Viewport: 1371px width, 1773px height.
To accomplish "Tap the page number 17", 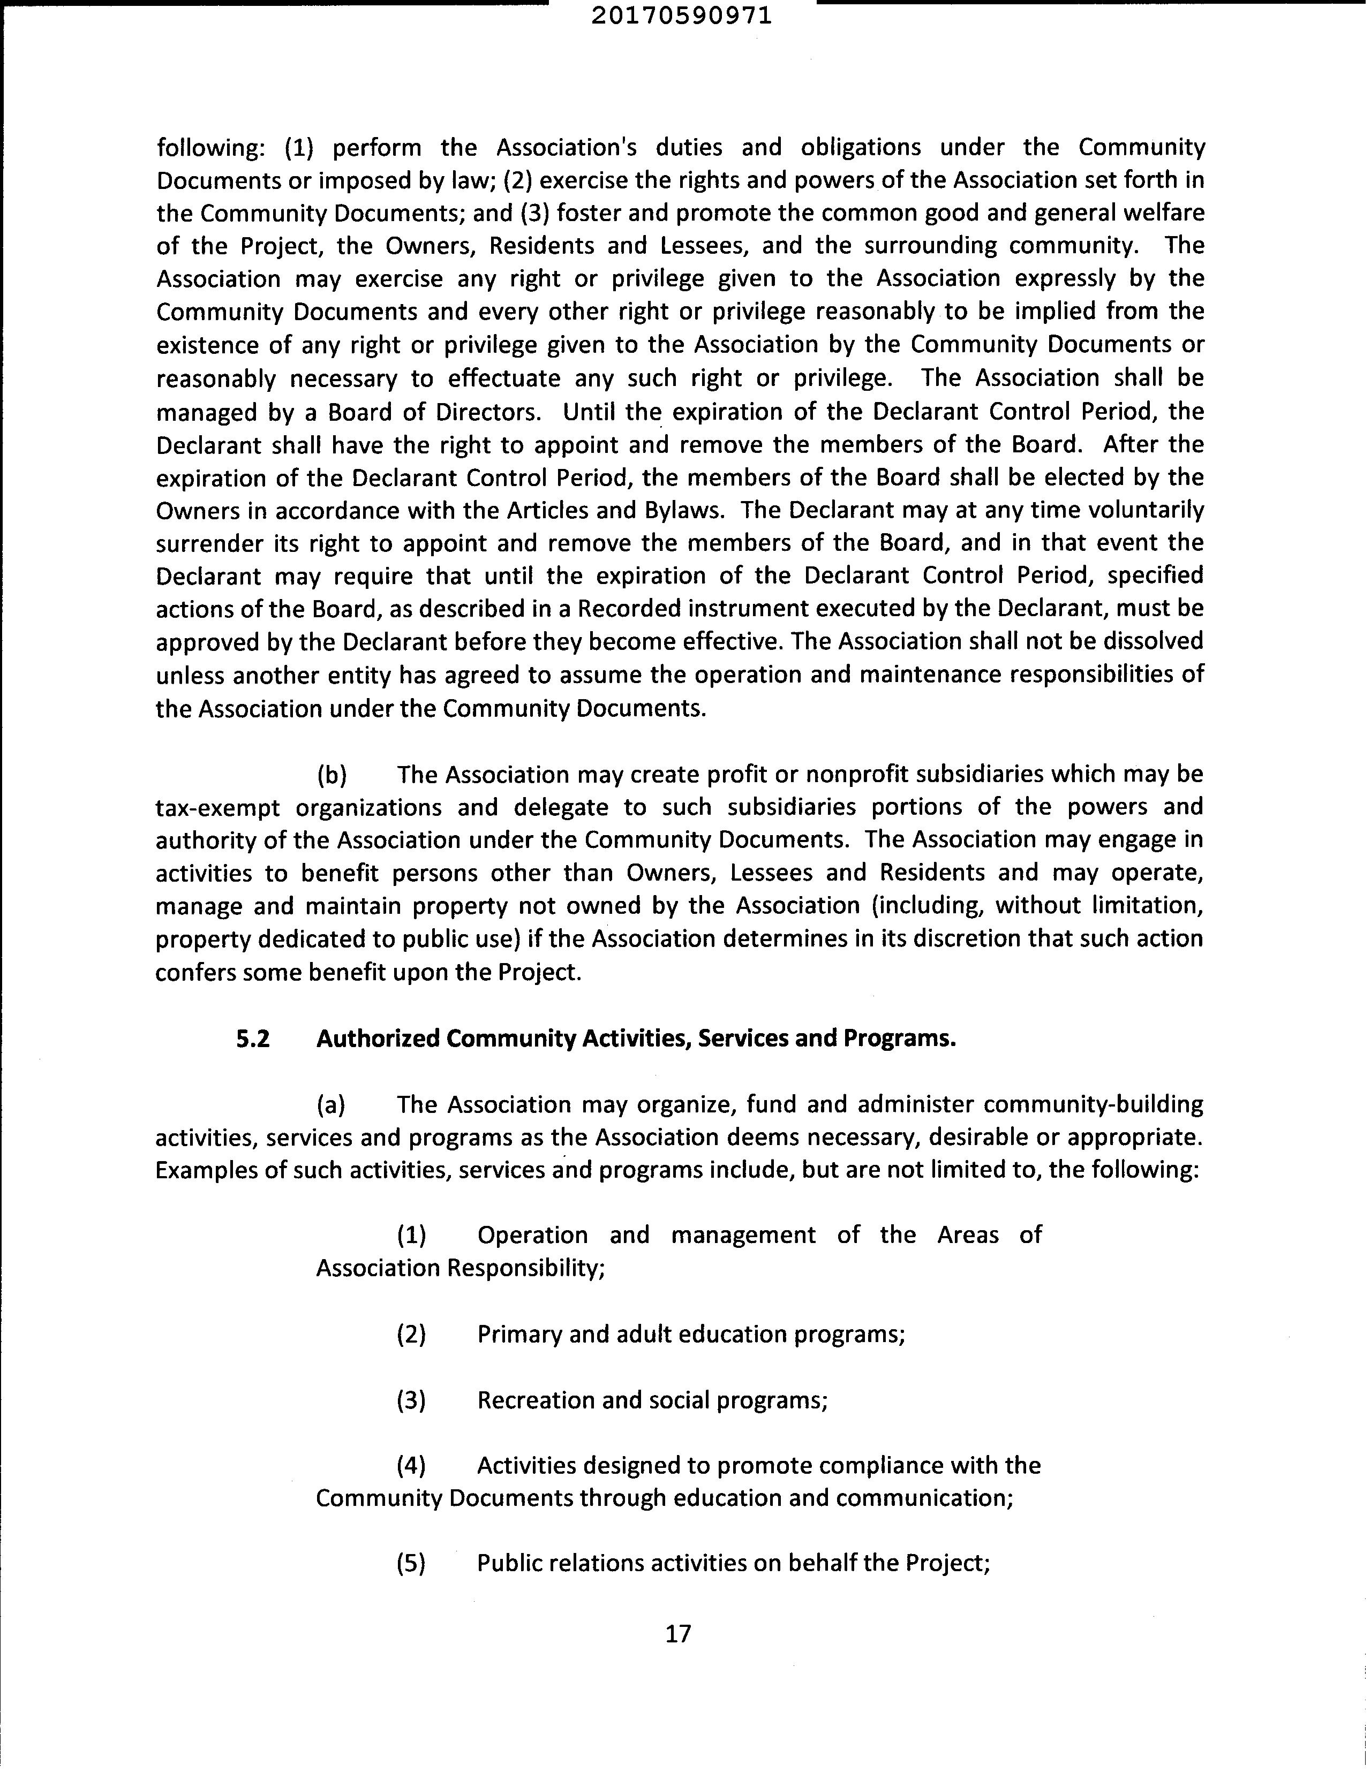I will (x=678, y=1633).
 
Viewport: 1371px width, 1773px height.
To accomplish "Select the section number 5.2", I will (x=253, y=1039).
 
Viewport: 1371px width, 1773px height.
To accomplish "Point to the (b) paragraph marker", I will (x=332, y=775).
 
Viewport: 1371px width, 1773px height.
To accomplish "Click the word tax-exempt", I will (x=217, y=808).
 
